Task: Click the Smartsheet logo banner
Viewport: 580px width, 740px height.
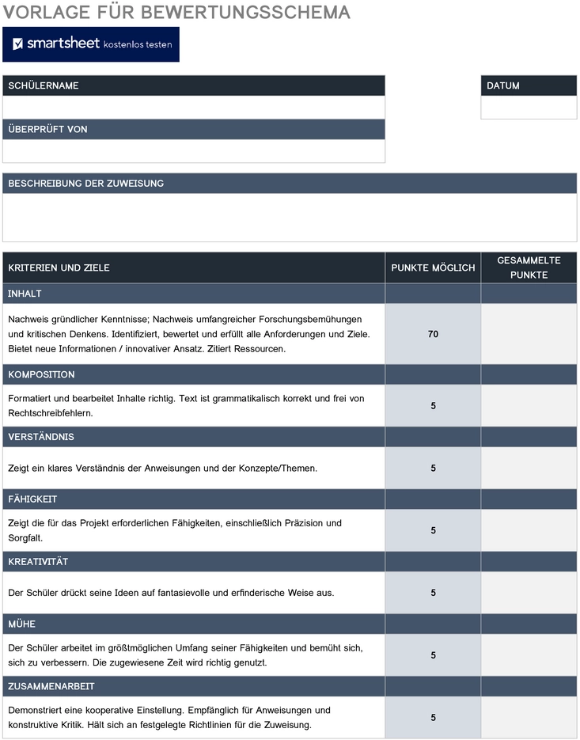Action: [x=91, y=44]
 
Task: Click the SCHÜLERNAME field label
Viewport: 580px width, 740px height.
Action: [x=44, y=85]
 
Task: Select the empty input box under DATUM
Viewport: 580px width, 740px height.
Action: [x=529, y=108]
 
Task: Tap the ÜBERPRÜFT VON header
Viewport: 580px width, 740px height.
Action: [x=47, y=129]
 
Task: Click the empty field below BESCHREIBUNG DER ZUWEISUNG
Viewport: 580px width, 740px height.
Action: [x=290, y=217]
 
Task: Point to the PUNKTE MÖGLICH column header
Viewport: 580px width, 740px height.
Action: [x=433, y=268]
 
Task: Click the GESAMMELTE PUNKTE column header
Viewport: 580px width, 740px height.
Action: [x=529, y=268]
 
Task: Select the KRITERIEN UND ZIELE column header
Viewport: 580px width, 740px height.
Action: [x=59, y=268]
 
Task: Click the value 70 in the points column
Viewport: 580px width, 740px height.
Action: [x=433, y=334]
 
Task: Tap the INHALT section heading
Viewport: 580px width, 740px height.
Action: [x=25, y=294]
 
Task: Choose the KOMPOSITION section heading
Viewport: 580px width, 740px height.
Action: [x=41, y=374]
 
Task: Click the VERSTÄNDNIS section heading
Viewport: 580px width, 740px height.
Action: [x=41, y=437]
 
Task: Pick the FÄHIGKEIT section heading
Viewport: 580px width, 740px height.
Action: [x=32, y=499]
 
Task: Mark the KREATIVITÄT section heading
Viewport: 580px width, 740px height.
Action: [x=38, y=562]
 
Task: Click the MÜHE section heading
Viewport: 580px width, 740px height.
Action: [x=22, y=624]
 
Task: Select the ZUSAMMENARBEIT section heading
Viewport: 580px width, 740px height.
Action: [x=52, y=686]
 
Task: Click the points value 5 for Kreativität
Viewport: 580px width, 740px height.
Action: [x=433, y=593]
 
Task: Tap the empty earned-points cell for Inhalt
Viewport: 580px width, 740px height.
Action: [x=529, y=334]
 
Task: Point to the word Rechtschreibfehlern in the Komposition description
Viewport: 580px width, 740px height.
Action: [x=51, y=413]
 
